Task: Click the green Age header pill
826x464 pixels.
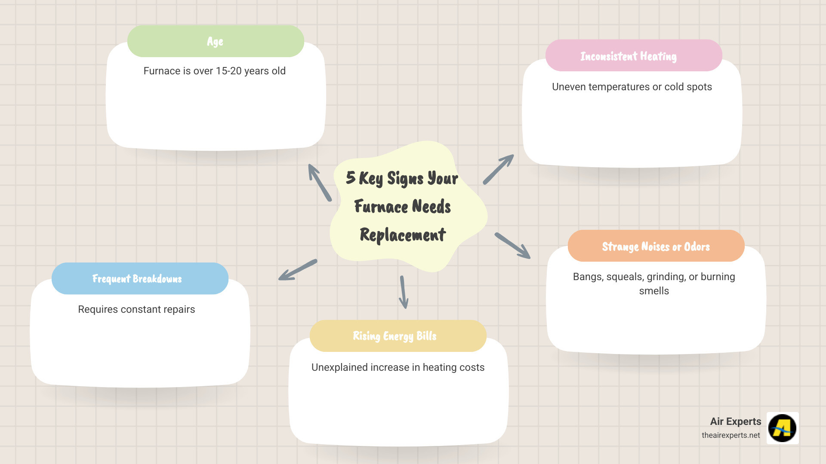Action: (216, 41)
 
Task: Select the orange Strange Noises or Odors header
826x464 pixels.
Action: (656, 246)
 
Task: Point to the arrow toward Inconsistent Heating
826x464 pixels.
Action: (498, 169)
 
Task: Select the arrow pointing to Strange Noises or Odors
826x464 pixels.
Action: (512, 246)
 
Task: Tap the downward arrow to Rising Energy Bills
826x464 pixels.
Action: (403, 292)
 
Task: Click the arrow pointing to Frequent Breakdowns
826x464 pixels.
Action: (298, 270)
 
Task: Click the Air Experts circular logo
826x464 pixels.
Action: (783, 428)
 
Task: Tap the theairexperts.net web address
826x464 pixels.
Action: (730, 435)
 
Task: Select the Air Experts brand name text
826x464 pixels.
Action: (735, 421)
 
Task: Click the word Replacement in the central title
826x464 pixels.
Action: (403, 235)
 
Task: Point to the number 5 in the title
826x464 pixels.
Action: (351, 177)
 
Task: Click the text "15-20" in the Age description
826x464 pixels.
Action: (228, 71)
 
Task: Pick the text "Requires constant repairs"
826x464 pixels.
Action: (136, 309)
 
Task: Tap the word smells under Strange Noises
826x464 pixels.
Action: (654, 291)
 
